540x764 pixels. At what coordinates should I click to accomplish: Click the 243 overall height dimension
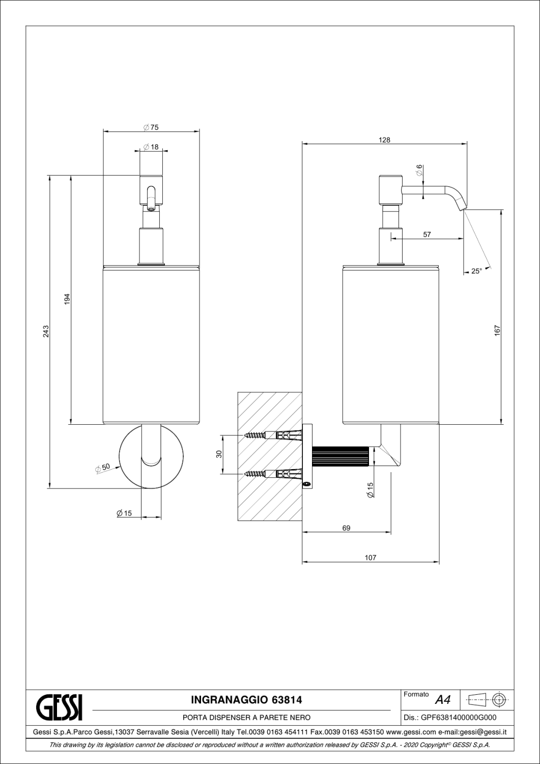[46, 331]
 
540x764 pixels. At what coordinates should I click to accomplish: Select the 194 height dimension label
[67, 299]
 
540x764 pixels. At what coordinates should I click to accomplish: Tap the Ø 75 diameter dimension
[151, 127]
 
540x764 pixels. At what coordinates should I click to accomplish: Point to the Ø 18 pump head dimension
[151, 147]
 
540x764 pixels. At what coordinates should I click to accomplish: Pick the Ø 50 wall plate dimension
[103, 468]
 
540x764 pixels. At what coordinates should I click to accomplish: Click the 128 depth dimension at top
[384, 140]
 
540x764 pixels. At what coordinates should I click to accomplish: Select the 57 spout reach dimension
[427, 234]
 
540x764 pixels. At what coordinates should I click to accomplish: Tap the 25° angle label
[476, 271]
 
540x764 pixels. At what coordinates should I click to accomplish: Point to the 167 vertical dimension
[497, 331]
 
